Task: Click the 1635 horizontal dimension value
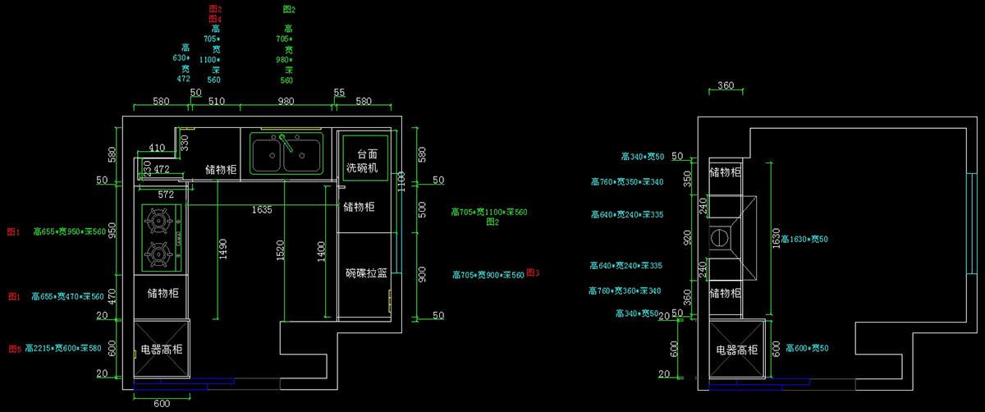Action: point(262,210)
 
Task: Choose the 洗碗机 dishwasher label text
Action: point(361,168)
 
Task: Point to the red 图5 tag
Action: point(14,349)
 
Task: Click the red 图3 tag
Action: point(532,273)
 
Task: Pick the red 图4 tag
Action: point(215,18)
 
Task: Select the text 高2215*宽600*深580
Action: point(63,349)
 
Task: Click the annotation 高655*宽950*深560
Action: point(70,232)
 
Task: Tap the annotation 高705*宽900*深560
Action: point(488,275)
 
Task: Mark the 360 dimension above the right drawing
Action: point(726,85)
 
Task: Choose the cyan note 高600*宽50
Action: point(807,349)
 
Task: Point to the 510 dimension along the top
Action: point(217,102)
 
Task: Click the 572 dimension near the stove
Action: point(166,195)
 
